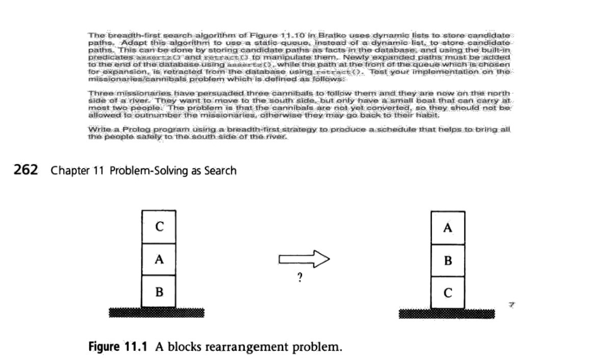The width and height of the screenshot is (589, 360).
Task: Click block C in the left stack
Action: [x=159, y=227]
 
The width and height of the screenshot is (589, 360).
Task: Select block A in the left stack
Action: [x=159, y=259]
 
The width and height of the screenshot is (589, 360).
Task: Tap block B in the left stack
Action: [x=159, y=292]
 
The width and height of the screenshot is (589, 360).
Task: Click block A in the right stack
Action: [x=448, y=228]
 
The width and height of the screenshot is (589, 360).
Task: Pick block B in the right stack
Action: [x=448, y=261]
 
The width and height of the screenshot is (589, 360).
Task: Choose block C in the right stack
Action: [x=448, y=293]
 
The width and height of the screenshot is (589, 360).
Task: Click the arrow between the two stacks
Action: [x=304, y=260]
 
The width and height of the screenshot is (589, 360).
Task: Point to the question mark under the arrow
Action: [x=300, y=279]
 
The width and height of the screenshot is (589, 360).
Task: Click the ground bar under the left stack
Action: [x=159, y=312]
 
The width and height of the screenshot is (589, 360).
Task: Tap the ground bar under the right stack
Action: [x=447, y=313]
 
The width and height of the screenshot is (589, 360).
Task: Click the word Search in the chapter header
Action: [x=219, y=170]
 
